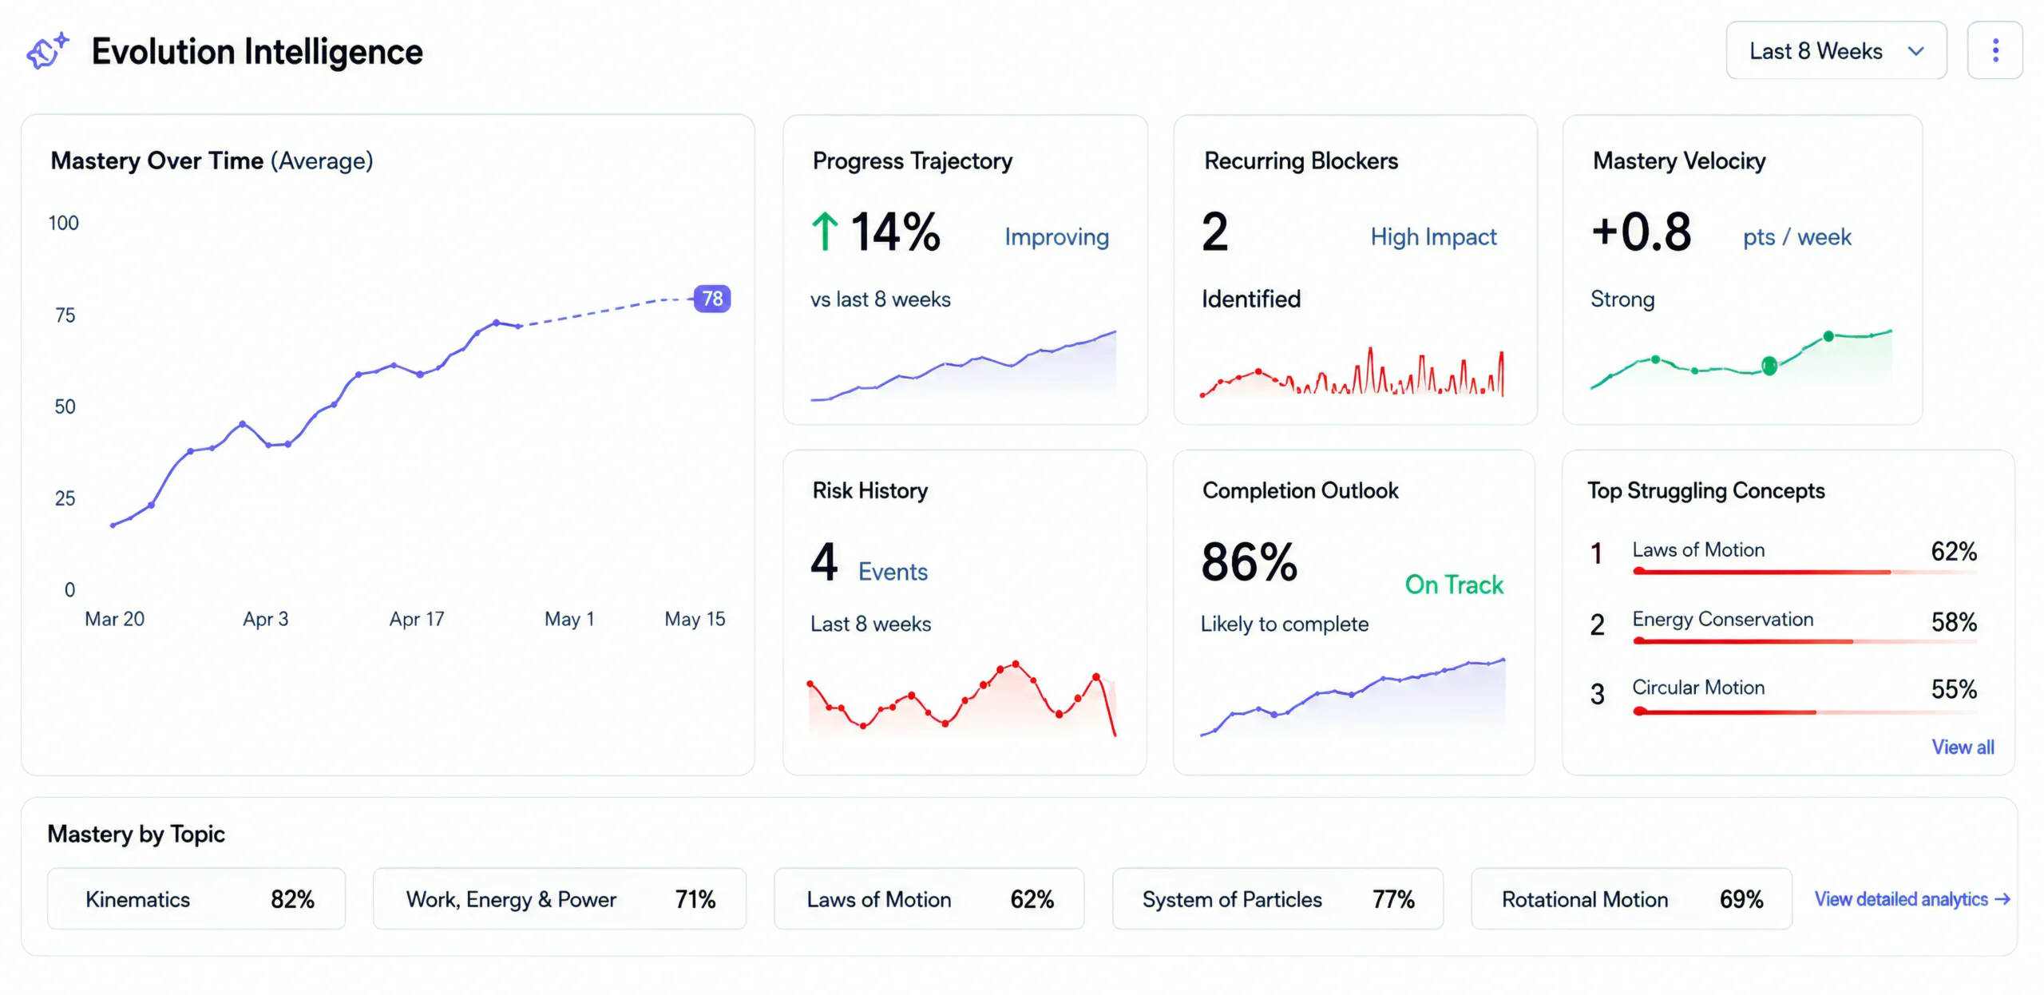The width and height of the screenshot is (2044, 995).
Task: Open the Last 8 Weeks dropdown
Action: (x=1836, y=51)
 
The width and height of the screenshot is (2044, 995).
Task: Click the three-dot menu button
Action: (x=1994, y=51)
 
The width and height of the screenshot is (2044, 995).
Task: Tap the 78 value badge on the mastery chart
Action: (x=712, y=299)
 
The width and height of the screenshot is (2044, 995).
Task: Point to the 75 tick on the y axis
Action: (x=65, y=315)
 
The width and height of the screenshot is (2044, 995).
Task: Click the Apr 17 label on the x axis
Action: (x=417, y=619)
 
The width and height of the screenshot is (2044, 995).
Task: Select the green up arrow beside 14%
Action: (x=825, y=232)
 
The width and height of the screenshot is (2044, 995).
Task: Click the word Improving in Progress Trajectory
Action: (x=1056, y=237)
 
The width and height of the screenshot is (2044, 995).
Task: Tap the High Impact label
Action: (x=1433, y=237)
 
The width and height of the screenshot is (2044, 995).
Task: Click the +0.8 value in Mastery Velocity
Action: (x=1641, y=232)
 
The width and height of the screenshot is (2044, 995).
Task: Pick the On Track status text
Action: (x=1454, y=585)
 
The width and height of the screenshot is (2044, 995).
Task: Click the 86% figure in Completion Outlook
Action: (x=1250, y=562)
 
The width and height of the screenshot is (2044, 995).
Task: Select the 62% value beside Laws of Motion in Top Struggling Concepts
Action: (x=1954, y=551)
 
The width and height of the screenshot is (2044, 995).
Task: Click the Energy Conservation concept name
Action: (x=1722, y=619)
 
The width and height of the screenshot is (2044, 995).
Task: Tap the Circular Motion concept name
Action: (x=1698, y=688)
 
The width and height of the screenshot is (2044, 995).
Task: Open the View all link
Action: (x=1963, y=747)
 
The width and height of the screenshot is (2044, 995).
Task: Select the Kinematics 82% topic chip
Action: (x=196, y=899)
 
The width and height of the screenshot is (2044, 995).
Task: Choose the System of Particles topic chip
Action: (x=1277, y=899)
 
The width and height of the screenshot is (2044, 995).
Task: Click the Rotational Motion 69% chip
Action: (x=1631, y=899)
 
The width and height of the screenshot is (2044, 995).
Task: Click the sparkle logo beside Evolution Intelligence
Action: (x=48, y=52)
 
